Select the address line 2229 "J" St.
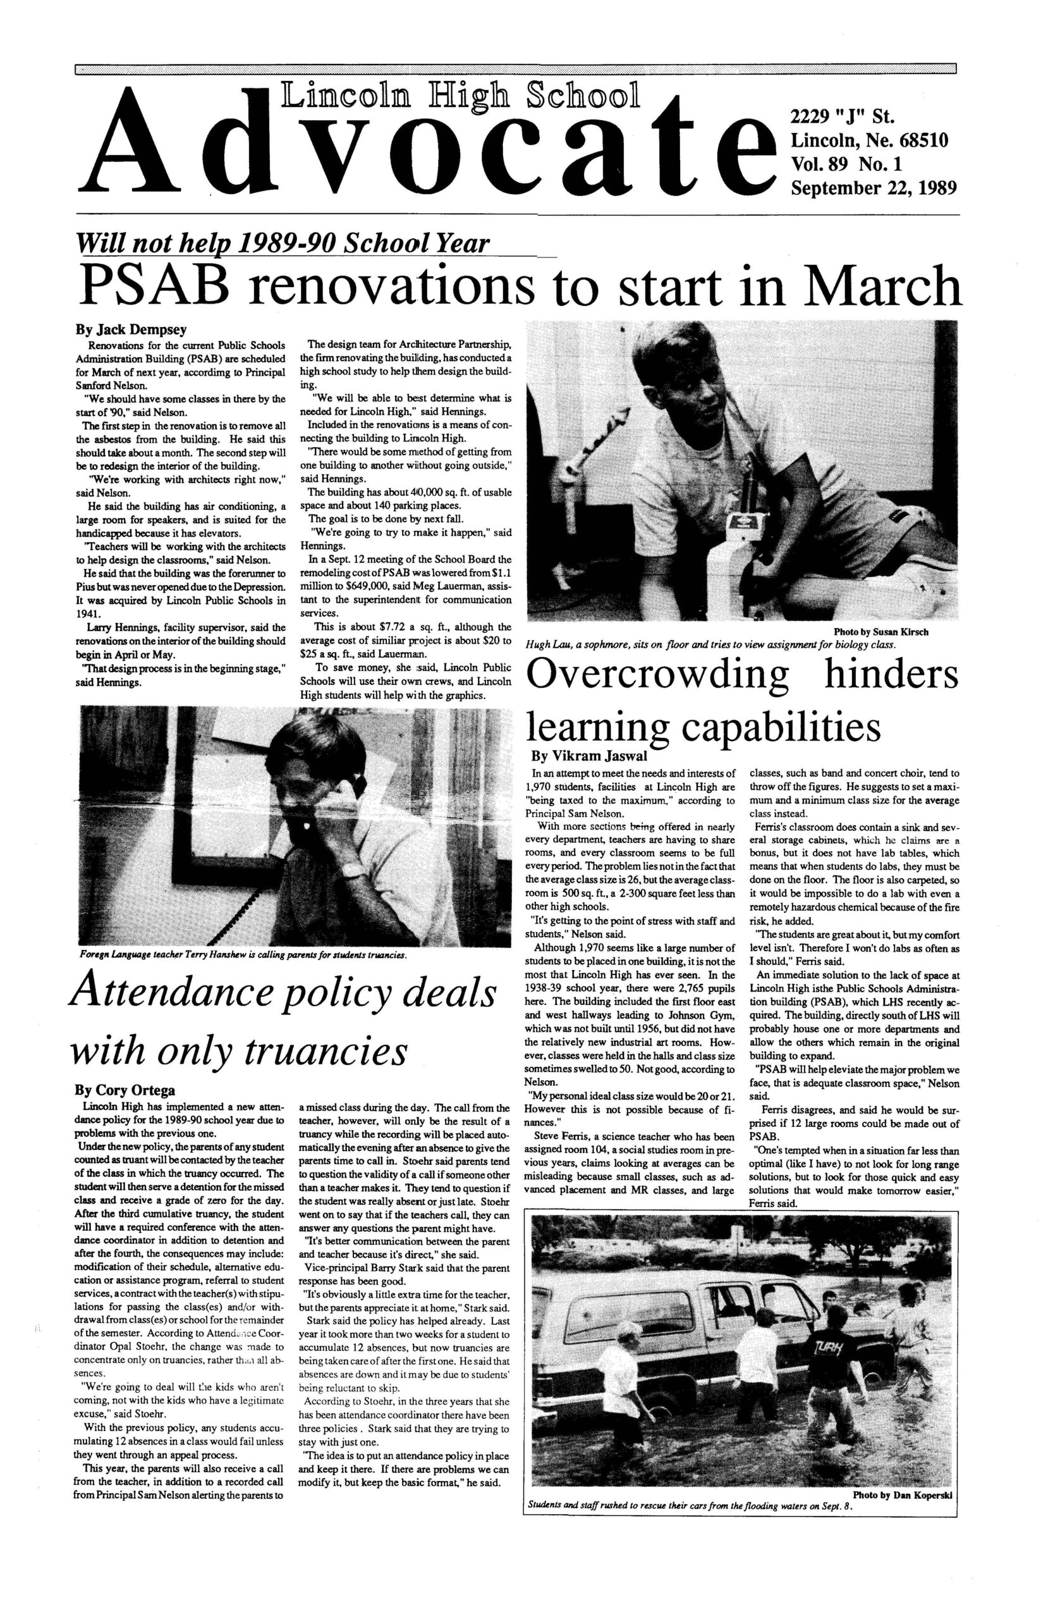point(841,118)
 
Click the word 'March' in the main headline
point(885,286)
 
